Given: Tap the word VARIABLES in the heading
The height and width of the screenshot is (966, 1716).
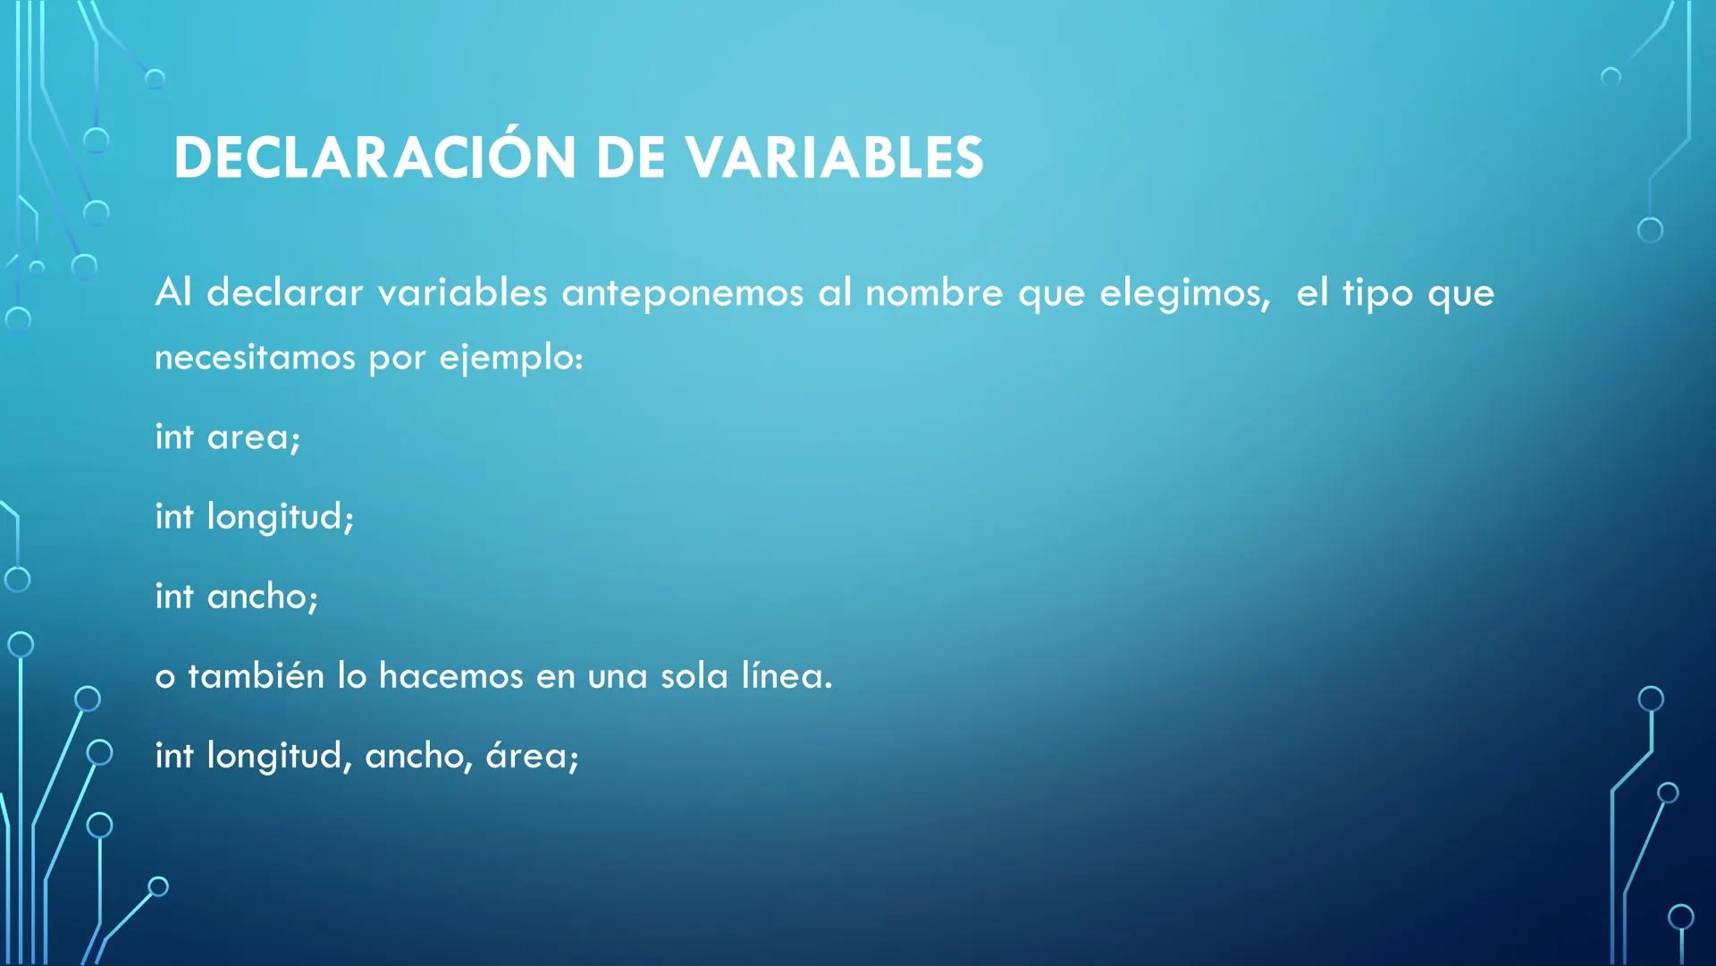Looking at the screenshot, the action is (835, 157).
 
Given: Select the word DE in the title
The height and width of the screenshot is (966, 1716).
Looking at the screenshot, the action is (630, 157).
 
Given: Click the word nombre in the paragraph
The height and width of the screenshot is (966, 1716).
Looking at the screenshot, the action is (934, 292).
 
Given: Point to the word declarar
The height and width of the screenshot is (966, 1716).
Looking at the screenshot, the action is (284, 292).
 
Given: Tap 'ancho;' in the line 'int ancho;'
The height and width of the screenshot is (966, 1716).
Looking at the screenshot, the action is (263, 597).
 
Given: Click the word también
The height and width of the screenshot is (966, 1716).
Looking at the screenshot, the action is (256, 675).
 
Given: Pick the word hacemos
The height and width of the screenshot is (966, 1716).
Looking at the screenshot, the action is (450, 675).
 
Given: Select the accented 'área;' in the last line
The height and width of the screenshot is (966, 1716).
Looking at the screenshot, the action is (533, 756).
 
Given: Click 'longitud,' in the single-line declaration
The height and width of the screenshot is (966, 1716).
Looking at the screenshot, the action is (279, 757).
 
